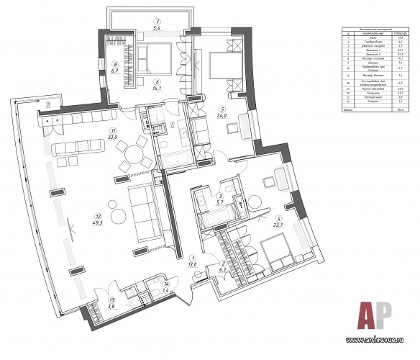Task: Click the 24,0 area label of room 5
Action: [223, 115]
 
